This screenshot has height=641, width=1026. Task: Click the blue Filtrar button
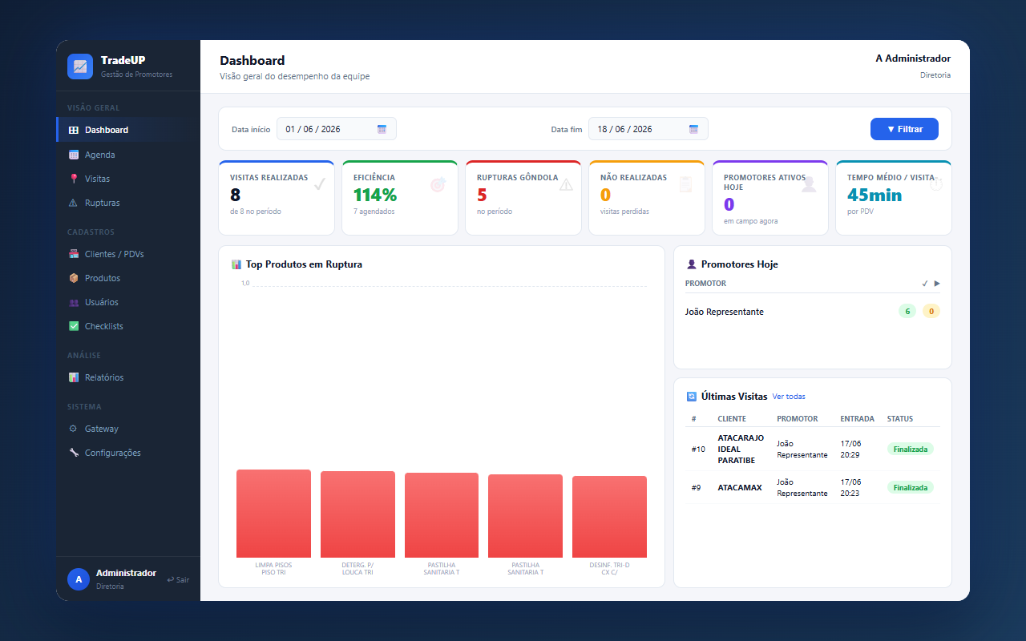tap(903, 129)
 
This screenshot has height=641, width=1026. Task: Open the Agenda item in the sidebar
tap(100, 155)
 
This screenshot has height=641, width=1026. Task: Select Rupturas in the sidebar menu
tap(102, 203)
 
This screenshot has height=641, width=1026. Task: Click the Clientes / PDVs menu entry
tap(114, 254)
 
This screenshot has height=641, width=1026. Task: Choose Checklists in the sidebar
tap(103, 326)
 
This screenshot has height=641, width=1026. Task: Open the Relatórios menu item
tap(104, 377)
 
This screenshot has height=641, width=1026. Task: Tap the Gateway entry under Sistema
tap(101, 429)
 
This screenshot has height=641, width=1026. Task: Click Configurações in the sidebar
tap(113, 453)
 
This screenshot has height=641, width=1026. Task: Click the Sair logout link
tap(178, 579)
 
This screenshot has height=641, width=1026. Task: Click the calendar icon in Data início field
tap(382, 129)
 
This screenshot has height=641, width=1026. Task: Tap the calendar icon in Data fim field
tap(693, 129)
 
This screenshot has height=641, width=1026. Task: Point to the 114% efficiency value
tap(374, 195)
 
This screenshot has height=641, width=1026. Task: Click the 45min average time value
tap(874, 195)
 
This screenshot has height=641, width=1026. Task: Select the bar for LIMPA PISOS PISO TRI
tap(273, 514)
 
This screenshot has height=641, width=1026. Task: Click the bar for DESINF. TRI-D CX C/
tap(609, 517)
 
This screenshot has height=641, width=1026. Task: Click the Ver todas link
tap(788, 397)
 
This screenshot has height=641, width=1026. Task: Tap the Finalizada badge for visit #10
tap(910, 450)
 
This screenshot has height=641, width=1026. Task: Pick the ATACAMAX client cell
tap(739, 488)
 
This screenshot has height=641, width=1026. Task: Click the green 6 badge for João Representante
tap(907, 312)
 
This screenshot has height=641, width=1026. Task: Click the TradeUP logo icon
tap(79, 67)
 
